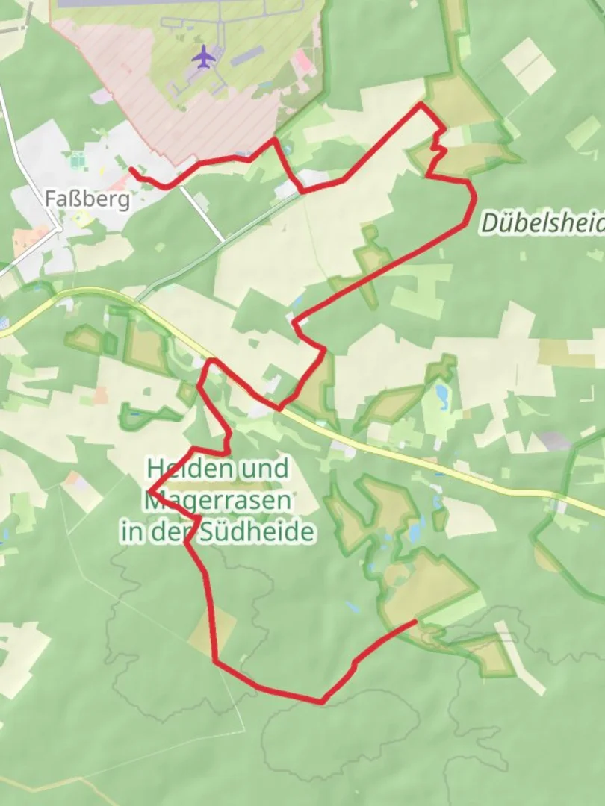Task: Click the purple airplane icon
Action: (202, 56)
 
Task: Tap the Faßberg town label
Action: (87, 199)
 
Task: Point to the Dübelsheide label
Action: (542, 222)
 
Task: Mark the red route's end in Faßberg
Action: (131, 169)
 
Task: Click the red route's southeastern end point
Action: (415, 621)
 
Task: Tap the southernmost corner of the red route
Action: (321, 702)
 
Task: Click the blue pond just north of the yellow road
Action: (442, 392)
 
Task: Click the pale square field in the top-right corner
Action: (529, 66)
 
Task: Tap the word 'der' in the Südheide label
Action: (178, 532)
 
